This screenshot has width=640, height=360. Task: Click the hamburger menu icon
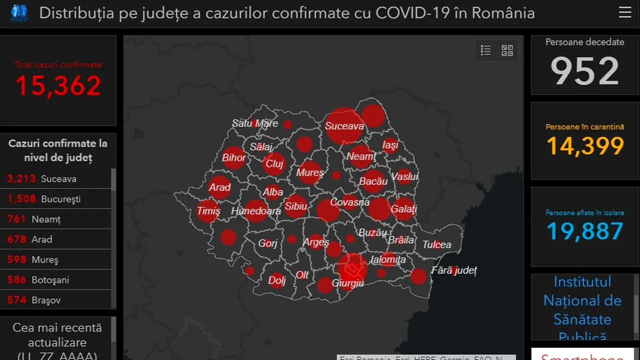tap(625, 12)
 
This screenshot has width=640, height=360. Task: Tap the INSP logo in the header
tap(19, 13)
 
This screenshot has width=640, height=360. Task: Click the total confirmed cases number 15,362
tap(58, 85)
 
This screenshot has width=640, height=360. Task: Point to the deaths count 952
tap(584, 71)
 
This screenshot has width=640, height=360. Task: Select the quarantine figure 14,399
tap(585, 145)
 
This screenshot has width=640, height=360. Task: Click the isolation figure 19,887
tap(585, 231)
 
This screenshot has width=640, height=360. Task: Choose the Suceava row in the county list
tap(56, 178)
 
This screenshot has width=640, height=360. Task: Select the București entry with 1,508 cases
tap(56, 199)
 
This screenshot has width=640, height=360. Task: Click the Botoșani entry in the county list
tap(56, 280)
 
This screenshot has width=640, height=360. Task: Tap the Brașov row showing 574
tap(56, 300)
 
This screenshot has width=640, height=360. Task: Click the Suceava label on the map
tap(344, 126)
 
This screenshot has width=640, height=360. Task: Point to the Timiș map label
tap(208, 210)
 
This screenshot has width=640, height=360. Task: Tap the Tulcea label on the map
tap(436, 244)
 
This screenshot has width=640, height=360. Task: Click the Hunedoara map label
tap(255, 211)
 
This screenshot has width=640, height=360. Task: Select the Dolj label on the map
tap(276, 280)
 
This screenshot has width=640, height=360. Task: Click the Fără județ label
tap(454, 270)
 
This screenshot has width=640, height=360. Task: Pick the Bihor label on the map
tap(234, 158)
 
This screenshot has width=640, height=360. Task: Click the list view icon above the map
tap(485, 50)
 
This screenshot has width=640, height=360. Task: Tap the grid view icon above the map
tap(507, 50)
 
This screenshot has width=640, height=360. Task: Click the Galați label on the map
tap(404, 209)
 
